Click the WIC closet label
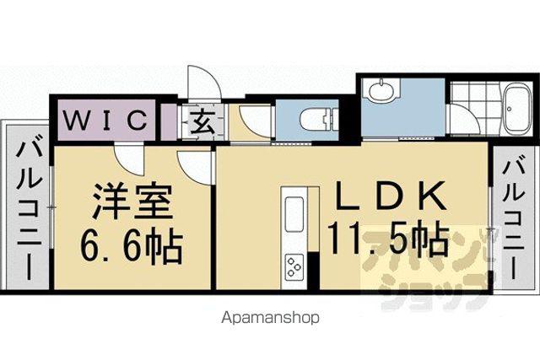105,120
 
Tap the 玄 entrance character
202,121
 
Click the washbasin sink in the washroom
381,90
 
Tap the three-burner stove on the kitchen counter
294,266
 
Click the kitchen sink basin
294,214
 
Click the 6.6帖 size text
131,246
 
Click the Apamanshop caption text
270,318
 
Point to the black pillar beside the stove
313,271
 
